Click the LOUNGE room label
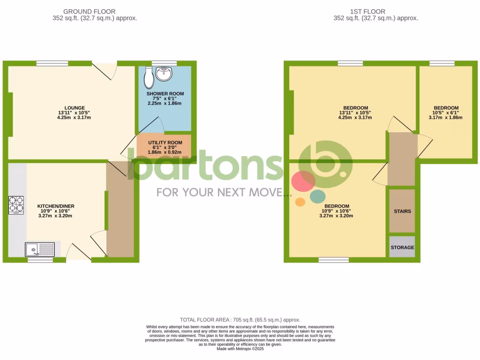tap(71, 107)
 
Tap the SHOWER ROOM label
tap(165, 94)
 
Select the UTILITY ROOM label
tap(165, 142)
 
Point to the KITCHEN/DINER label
tap(56, 206)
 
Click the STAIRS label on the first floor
tap(402, 211)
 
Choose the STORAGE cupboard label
tap(402, 247)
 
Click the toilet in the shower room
tap(149, 78)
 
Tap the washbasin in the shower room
tap(165, 74)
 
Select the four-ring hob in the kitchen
tap(16, 204)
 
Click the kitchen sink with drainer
tap(40, 249)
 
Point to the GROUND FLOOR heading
tap(89, 12)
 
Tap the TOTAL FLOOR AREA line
tap(240, 320)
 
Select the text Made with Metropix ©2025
tap(240, 349)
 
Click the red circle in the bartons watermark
tap(303, 181)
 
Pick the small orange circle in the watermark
tap(300, 202)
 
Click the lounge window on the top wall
tap(52, 63)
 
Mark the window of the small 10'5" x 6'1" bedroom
tap(442, 63)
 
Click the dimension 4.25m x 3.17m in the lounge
tap(71, 118)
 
